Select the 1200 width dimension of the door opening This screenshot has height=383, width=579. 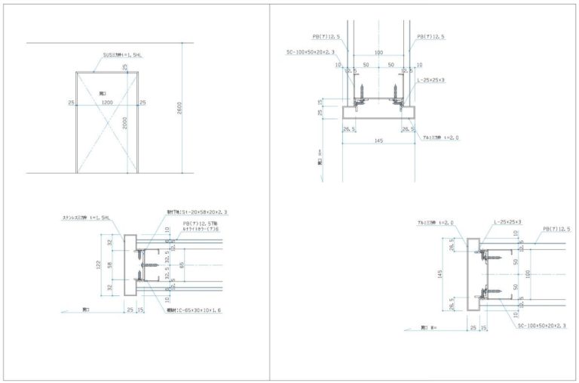pyautogui.click(x=107, y=101)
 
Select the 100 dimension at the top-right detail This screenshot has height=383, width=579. pyautogui.click(x=378, y=53)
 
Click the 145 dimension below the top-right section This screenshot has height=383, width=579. pyautogui.click(x=378, y=140)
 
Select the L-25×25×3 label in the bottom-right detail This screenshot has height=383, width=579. pyautogui.click(x=507, y=222)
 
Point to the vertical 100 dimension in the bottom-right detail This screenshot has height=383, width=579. pyautogui.click(x=528, y=273)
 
